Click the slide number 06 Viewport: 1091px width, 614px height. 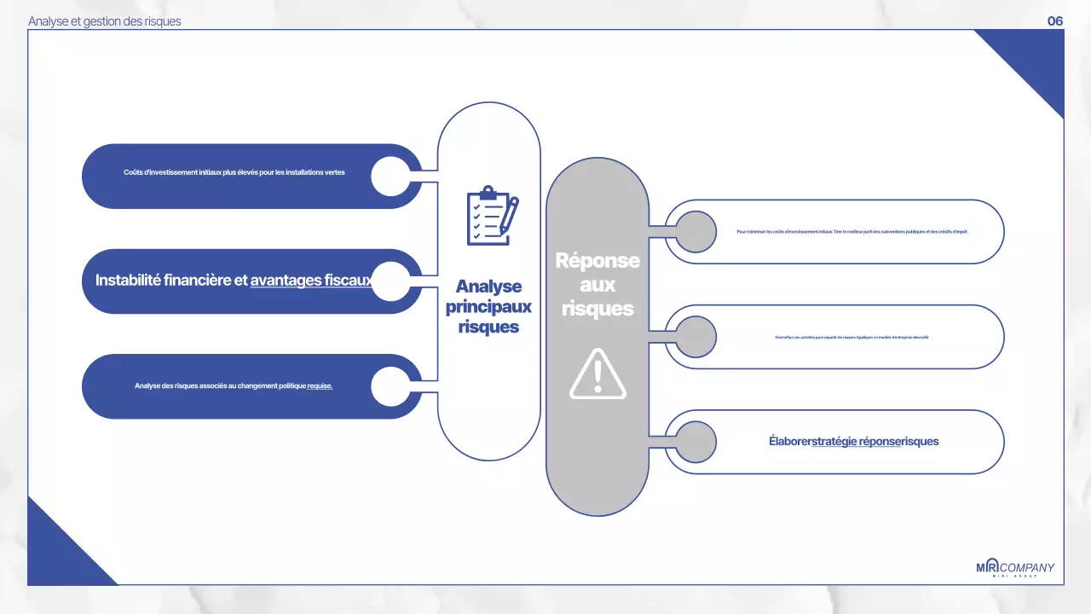pyautogui.click(x=1055, y=21)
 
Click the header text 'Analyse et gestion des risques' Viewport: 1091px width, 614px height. pyautogui.click(x=105, y=21)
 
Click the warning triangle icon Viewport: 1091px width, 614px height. pyautogui.click(x=597, y=374)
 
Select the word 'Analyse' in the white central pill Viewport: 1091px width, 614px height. pyautogui.click(x=488, y=287)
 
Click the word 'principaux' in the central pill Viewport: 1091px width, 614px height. pyautogui.click(x=488, y=307)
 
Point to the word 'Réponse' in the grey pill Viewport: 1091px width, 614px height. pyautogui.click(x=597, y=261)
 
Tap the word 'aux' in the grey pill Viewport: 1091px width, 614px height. pyautogui.click(x=597, y=286)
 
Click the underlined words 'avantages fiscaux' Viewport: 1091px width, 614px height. pyautogui.click(x=311, y=280)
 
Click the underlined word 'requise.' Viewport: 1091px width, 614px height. pyautogui.click(x=320, y=386)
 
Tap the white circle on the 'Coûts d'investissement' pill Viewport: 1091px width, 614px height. pyautogui.click(x=391, y=176)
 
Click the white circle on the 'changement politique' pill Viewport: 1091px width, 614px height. pyautogui.click(x=391, y=386)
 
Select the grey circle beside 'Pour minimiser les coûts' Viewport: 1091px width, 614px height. pyautogui.click(x=696, y=231)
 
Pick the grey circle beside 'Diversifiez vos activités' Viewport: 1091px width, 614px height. pyautogui.click(x=696, y=337)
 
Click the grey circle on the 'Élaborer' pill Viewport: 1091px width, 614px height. pyautogui.click(x=696, y=442)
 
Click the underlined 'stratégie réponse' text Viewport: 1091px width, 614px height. pyautogui.click(x=856, y=442)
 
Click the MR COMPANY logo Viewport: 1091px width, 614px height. pyautogui.click(x=1014, y=569)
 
